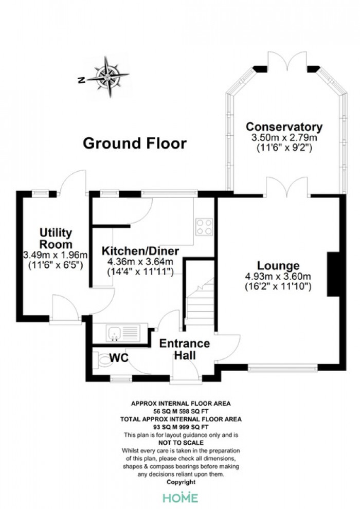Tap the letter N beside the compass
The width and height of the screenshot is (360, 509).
[x=81, y=80]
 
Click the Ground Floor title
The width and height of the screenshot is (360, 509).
[x=135, y=143]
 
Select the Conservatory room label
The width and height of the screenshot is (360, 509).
[x=284, y=126]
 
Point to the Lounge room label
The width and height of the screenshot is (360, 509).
[x=278, y=265]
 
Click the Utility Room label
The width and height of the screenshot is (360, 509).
[x=56, y=238]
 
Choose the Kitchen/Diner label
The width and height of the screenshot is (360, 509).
[x=140, y=251]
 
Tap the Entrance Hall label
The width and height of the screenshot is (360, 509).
[x=185, y=349]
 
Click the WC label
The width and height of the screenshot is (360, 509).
[x=119, y=358]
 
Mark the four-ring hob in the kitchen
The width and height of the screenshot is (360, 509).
[x=204, y=227]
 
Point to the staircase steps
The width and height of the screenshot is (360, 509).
[x=200, y=303]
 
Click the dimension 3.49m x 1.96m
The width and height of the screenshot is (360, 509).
[x=56, y=255]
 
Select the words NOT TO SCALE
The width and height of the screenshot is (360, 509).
[x=181, y=443]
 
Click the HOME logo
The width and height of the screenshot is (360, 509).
[x=181, y=498]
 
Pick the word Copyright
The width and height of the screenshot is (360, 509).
[x=181, y=482]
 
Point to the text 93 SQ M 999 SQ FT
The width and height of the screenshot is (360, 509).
[x=181, y=427]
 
